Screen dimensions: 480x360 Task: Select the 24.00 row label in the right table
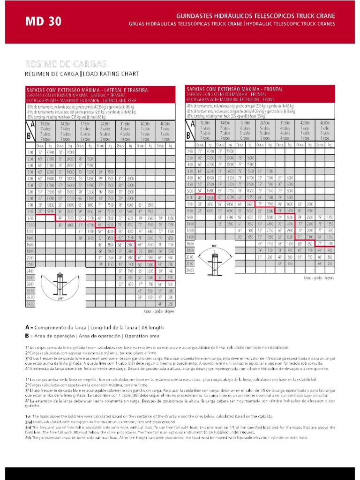(x=190, y=270)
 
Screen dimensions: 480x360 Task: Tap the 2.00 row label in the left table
(x=30, y=153)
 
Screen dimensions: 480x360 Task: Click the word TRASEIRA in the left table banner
(x=137, y=90)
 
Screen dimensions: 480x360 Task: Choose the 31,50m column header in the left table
(x=125, y=124)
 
